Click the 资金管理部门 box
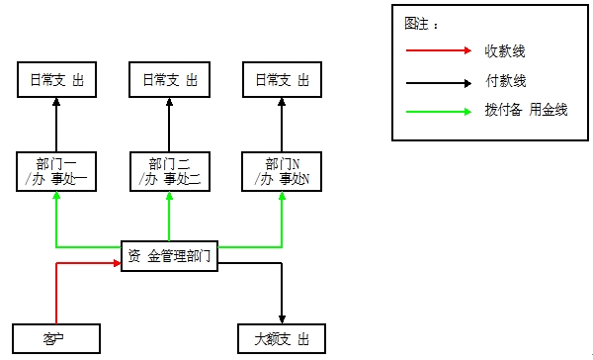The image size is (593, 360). (169, 255)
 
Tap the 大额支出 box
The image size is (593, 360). (282, 338)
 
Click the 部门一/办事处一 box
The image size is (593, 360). (56, 171)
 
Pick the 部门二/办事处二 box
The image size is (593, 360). (169, 171)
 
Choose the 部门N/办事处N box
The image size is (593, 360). (282, 171)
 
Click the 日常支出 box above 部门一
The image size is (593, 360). (56, 79)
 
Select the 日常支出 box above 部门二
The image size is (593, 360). (169, 79)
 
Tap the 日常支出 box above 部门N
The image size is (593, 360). (282, 79)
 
